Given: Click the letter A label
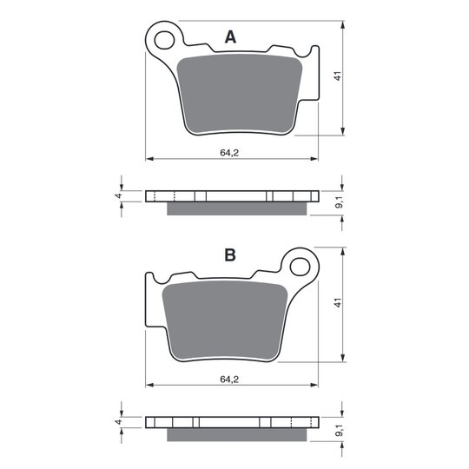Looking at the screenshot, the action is click(x=230, y=37).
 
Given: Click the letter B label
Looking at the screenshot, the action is click(x=230, y=255).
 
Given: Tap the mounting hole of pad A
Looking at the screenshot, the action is click(x=164, y=40).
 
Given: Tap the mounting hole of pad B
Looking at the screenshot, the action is click(x=300, y=267).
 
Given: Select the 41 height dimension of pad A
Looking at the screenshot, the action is click(x=338, y=76).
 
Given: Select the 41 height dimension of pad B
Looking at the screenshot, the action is click(x=338, y=303).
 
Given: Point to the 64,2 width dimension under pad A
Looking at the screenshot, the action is click(x=229, y=153).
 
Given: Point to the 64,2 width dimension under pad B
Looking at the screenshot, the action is click(x=229, y=380).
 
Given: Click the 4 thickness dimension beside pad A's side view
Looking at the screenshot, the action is click(x=119, y=195).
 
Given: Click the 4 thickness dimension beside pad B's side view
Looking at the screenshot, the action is click(x=119, y=422).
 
